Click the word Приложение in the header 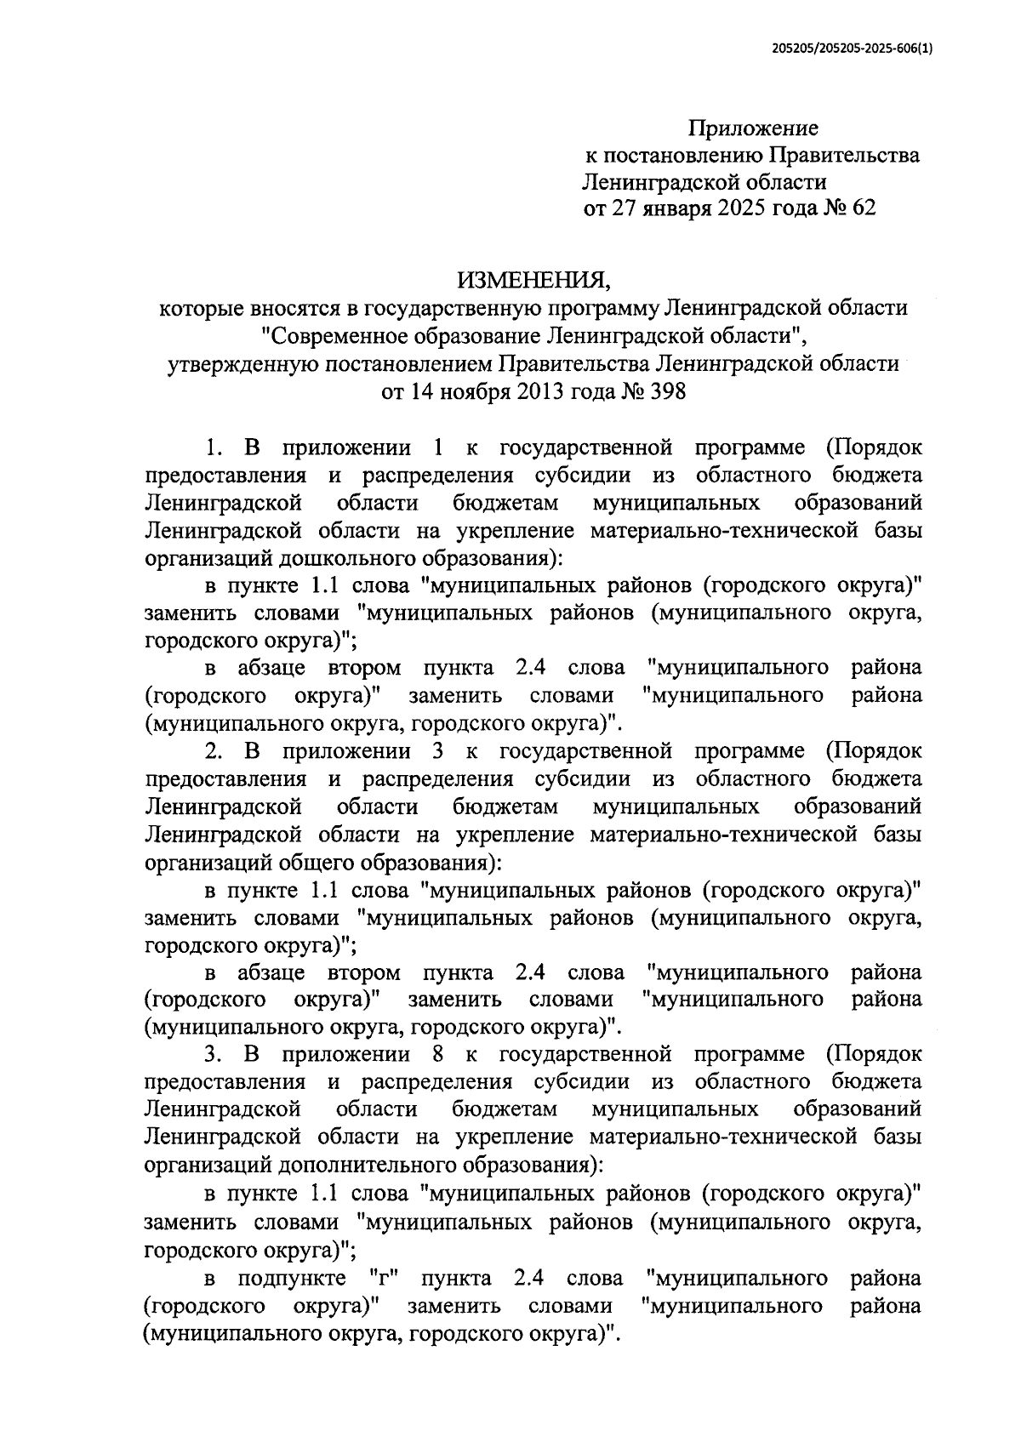[x=753, y=128]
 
